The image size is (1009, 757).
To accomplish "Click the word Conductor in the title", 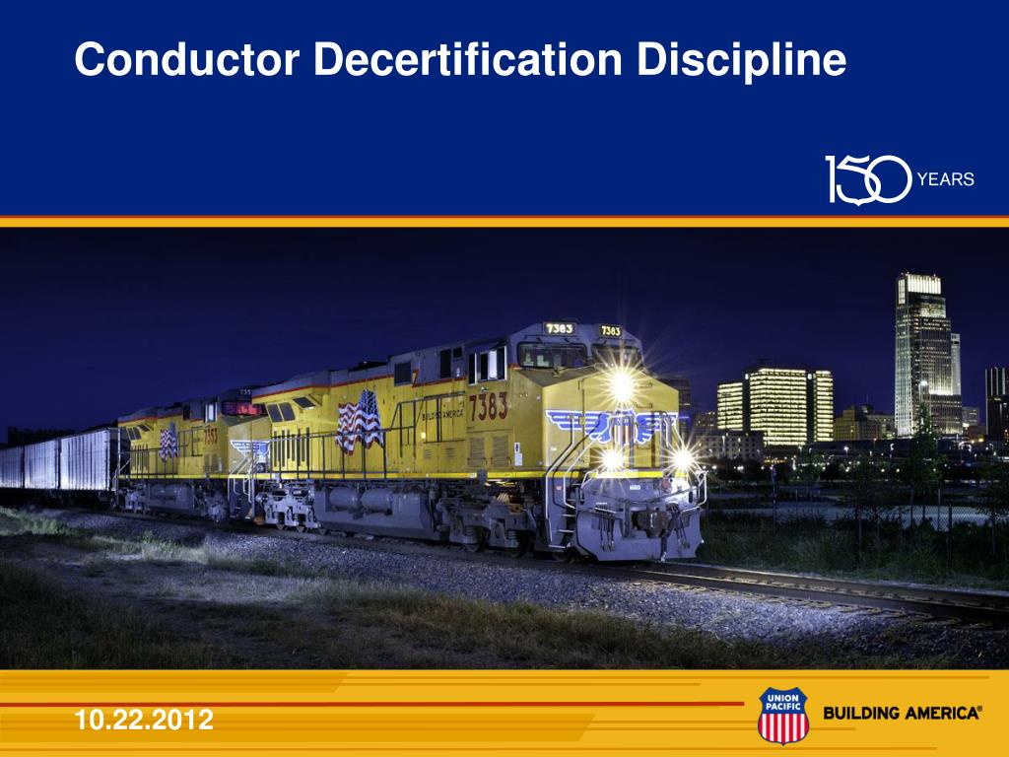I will (186, 60).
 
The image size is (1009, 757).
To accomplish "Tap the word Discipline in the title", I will (741, 60).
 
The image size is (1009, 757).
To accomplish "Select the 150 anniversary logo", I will (867, 179).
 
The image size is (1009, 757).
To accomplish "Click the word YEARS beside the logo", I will (945, 179).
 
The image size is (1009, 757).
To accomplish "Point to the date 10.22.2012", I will (144, 721).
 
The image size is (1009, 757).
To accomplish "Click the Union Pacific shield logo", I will (782, 716).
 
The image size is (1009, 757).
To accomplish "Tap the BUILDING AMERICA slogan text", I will (902, 713).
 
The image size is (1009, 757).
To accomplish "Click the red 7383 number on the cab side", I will (488, 405).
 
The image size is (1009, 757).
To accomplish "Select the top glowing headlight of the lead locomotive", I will (621, 385).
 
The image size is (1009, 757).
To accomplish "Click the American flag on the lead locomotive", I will (359, 421).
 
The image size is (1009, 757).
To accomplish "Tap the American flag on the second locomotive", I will (168, 442).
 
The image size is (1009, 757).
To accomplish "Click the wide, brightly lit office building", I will (777, 405).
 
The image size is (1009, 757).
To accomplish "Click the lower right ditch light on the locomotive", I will (681, 458).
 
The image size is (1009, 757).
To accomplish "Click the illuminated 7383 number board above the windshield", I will (560, 328).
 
